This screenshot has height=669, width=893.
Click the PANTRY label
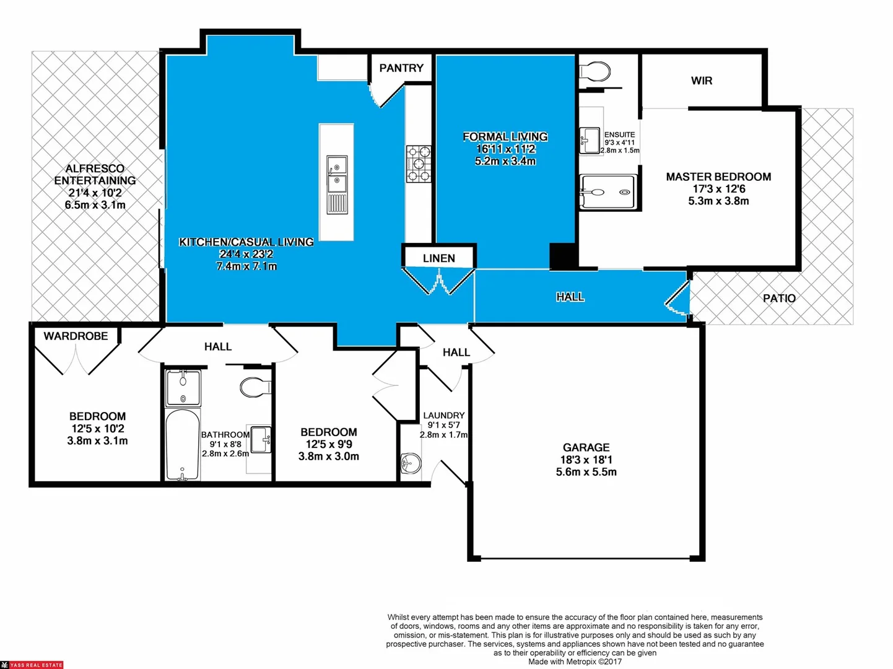tap(401, 68)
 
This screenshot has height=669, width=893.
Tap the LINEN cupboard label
tap(438, 258)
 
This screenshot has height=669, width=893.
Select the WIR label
tap(701, 81)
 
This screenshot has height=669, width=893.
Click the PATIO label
tap(778, 299)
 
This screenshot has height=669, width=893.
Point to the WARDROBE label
tap(76, 336)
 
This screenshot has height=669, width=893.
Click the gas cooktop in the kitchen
tap(419, 164)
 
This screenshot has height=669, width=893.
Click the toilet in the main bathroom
tap(255, 387)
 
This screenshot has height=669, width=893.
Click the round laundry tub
tap(410, 462)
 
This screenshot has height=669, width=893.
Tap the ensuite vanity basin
tap(589, 140)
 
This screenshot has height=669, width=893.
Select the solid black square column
tap(563, 256)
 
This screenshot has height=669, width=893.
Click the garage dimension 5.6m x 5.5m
tap(586, 472)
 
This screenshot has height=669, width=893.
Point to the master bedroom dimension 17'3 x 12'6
tap(718, 189)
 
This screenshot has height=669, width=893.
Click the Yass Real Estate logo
tap(32, 665)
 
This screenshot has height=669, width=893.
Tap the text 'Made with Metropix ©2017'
tap(575, 662)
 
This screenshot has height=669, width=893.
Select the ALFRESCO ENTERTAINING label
tap(95, 175)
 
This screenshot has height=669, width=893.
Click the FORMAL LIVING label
tap(505, 137)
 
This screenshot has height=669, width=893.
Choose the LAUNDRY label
tap(443, 416)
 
